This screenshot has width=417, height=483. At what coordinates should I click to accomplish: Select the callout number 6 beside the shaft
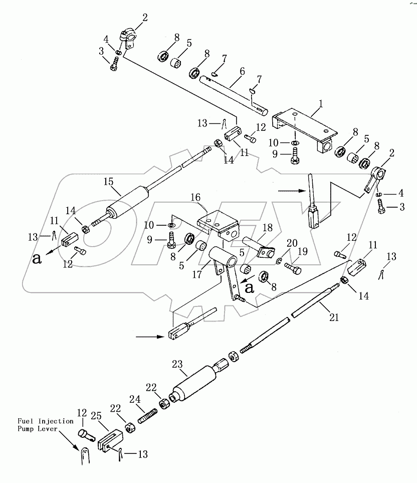242,71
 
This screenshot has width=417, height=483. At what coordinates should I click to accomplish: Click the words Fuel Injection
45,421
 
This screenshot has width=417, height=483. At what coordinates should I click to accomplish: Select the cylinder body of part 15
128,202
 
